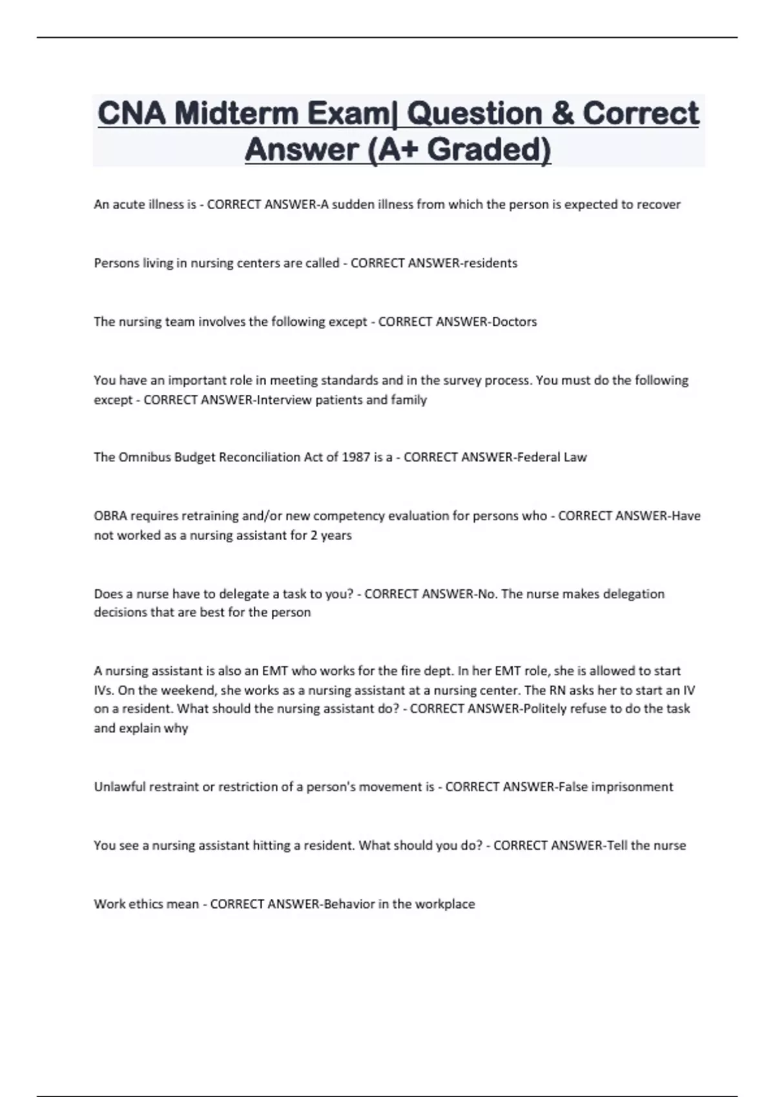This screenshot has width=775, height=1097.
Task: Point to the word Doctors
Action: tap(514, 322)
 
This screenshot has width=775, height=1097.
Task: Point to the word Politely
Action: tap(548, 709)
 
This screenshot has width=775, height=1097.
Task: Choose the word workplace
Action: tap(445, 904)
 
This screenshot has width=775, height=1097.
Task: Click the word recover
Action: tap(659, 205)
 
